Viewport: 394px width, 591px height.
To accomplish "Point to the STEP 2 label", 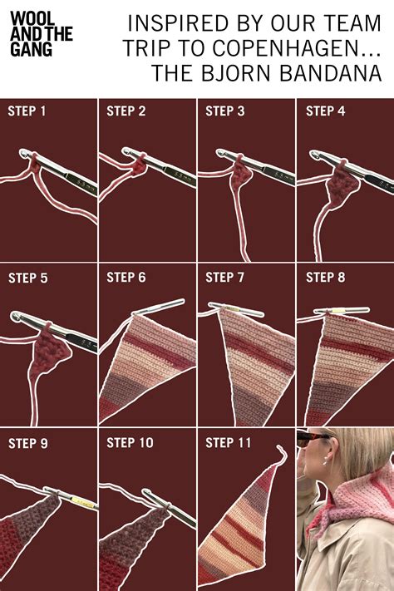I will (x=126, y=111).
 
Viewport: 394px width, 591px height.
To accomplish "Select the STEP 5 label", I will (x=27, y=278).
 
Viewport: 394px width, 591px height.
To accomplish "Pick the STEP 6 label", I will (x=126, y=278).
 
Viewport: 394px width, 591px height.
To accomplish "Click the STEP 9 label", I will (x=27, y=444).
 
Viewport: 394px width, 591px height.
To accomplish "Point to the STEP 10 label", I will (x=130, y=444).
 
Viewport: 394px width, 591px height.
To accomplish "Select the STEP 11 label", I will (x=228, y=444).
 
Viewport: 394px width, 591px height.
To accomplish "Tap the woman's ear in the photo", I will (x=329, y=456).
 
